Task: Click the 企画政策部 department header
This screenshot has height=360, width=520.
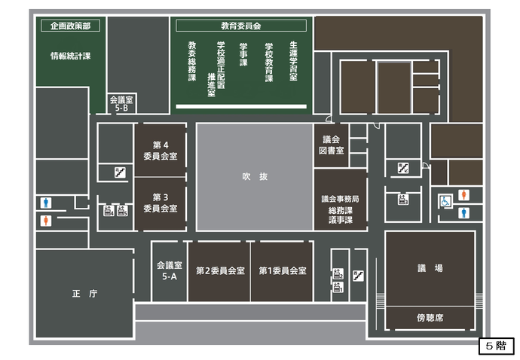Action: [70, 26]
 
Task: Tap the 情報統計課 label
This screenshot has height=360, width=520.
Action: [70, 56]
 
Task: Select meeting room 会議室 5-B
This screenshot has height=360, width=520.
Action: [121, 104]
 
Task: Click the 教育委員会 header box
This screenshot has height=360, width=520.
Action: [240, 26]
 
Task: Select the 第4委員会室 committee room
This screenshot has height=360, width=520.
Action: [160, 151]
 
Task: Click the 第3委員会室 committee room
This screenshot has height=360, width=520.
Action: [160, 203]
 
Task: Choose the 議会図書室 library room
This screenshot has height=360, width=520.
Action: [332, 145]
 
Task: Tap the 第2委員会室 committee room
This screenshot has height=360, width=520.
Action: [219, 270]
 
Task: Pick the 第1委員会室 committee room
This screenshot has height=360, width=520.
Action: [282, 270]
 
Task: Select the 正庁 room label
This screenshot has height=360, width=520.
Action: [83, 294]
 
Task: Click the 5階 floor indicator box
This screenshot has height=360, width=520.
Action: [496, 347]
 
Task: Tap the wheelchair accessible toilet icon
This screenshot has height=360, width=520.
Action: [445, 201]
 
